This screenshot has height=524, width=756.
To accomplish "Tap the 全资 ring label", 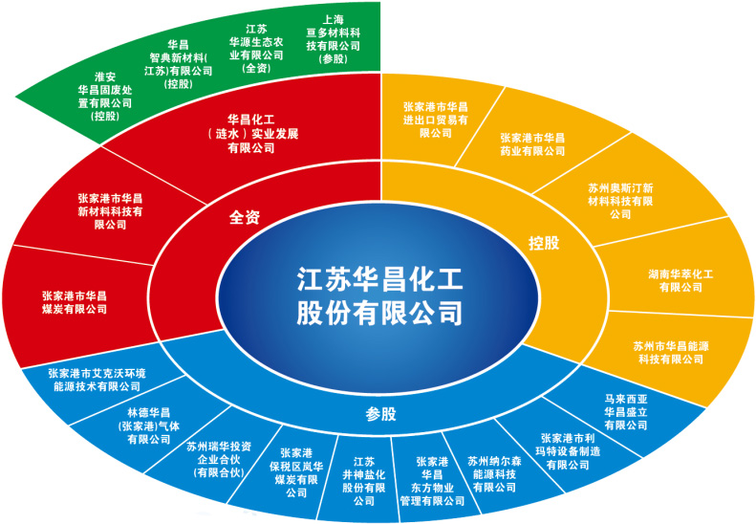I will [246, 217].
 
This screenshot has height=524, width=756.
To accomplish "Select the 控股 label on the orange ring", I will [544, 243].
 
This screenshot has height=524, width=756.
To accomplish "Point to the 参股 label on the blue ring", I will [381, 414].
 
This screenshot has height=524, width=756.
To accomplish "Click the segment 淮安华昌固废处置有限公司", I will [105, 96].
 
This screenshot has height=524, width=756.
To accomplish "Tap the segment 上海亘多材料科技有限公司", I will [334, 38].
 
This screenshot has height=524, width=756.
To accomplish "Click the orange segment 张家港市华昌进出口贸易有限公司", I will [435, 120].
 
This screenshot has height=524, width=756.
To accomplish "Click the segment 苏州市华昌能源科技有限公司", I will [670, 351].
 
